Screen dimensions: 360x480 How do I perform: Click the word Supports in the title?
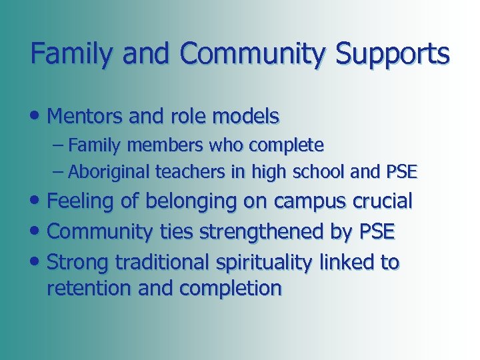point(393,54)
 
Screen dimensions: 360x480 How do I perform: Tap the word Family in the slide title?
point(68,54)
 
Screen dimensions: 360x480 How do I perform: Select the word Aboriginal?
point(109,172)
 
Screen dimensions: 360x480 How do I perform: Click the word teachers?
point(186,172)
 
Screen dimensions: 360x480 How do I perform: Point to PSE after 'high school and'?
point(401,172)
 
